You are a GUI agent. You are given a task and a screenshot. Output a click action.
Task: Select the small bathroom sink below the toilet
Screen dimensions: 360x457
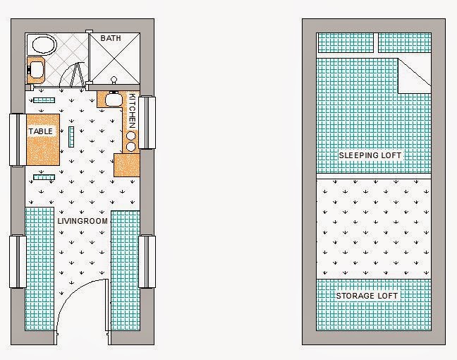click(x=35, y=69)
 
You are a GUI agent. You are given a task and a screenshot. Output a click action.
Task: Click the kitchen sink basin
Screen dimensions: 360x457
click(x=112, y=100)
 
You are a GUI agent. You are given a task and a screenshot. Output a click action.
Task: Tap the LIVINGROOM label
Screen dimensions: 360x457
click(x=83, y=221)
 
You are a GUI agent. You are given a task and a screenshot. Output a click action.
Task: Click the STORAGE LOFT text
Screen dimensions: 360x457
click(x=367, y=296)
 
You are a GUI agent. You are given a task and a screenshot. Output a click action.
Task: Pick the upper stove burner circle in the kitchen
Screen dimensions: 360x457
click(x=131, y=136)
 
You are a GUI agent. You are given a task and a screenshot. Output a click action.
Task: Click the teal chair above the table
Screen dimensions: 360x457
click(x=44, y=100)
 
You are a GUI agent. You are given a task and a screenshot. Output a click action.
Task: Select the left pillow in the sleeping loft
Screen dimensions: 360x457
click(x=345, y=43)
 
